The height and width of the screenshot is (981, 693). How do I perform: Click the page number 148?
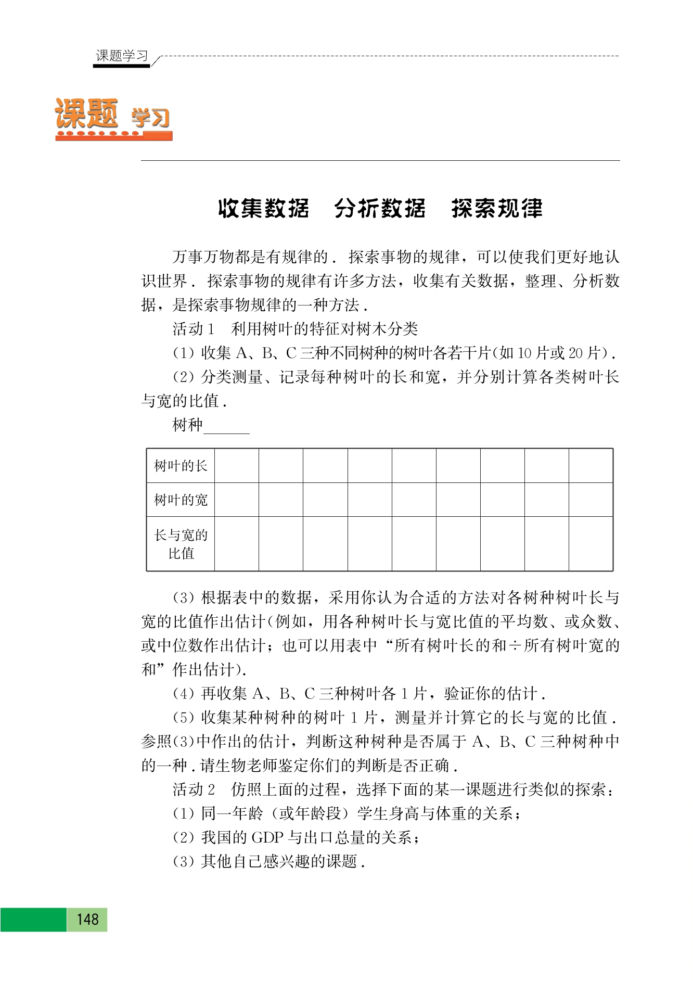tap(87, 919)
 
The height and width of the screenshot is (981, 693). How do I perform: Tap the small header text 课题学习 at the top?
tap(122, 56)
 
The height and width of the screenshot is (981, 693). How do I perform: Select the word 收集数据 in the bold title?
tap(263, 208)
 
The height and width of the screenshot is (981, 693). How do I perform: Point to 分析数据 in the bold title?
tap(380, 208)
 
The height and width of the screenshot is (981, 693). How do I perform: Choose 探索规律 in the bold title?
tap(497, 208)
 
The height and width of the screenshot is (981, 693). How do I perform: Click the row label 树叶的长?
tap(181, 466)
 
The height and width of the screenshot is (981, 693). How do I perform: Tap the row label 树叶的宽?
tap(181, 500)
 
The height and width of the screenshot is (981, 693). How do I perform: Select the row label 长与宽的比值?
tap(181, 544)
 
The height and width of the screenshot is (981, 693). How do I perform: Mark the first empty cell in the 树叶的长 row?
tap(237, 466)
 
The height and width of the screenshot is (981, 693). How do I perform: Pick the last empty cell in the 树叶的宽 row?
tap(591, 500)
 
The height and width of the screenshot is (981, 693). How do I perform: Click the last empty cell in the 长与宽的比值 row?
tap(591, 544)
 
